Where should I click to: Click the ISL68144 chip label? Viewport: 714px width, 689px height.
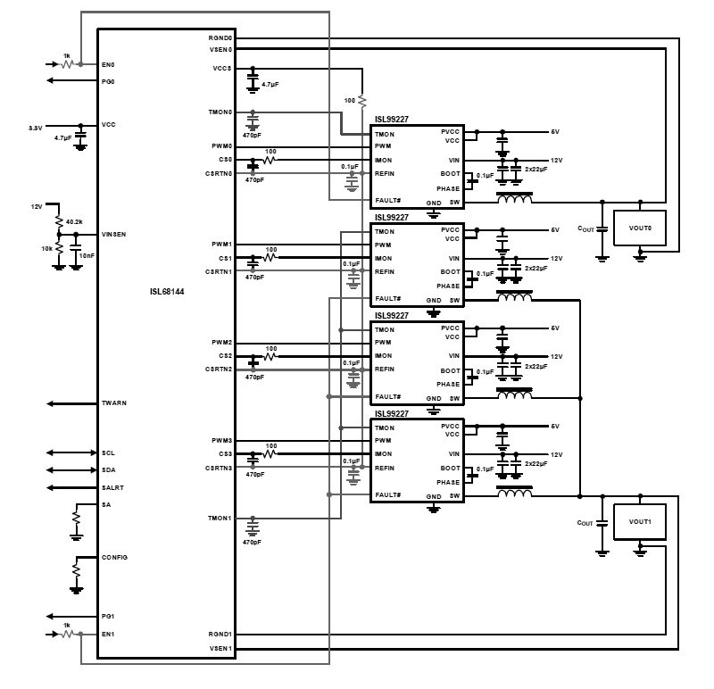click(x=167, y=290)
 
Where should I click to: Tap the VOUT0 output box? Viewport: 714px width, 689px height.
click(x=640, y=228)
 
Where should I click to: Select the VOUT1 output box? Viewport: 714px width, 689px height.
click(x=640, y=521)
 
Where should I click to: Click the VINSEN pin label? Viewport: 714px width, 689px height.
click(x=114, y=234)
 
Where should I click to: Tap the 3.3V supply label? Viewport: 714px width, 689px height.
click(x=36, y=129)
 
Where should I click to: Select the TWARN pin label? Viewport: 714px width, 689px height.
click(x=114, y=403)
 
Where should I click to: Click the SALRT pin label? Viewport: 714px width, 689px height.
click(x=112, y=488)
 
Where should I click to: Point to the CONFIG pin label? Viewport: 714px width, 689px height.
click(x=115, y=557)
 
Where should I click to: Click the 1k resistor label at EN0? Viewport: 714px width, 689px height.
click(x=66, y=55)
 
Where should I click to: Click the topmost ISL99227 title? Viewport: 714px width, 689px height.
click(x=392, y=119)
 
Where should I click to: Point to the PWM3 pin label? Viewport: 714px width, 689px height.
click(x=222, y=441)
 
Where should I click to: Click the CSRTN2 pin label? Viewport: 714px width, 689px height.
click(x=219, y=369)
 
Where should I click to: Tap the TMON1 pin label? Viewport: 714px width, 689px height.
click(x=220, y=518)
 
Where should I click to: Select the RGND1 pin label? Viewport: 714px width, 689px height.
click(x=220, y=634)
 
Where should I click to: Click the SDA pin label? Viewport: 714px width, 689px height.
click(x=109, y=470)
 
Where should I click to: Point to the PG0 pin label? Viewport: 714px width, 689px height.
click(x=109, y=81)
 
